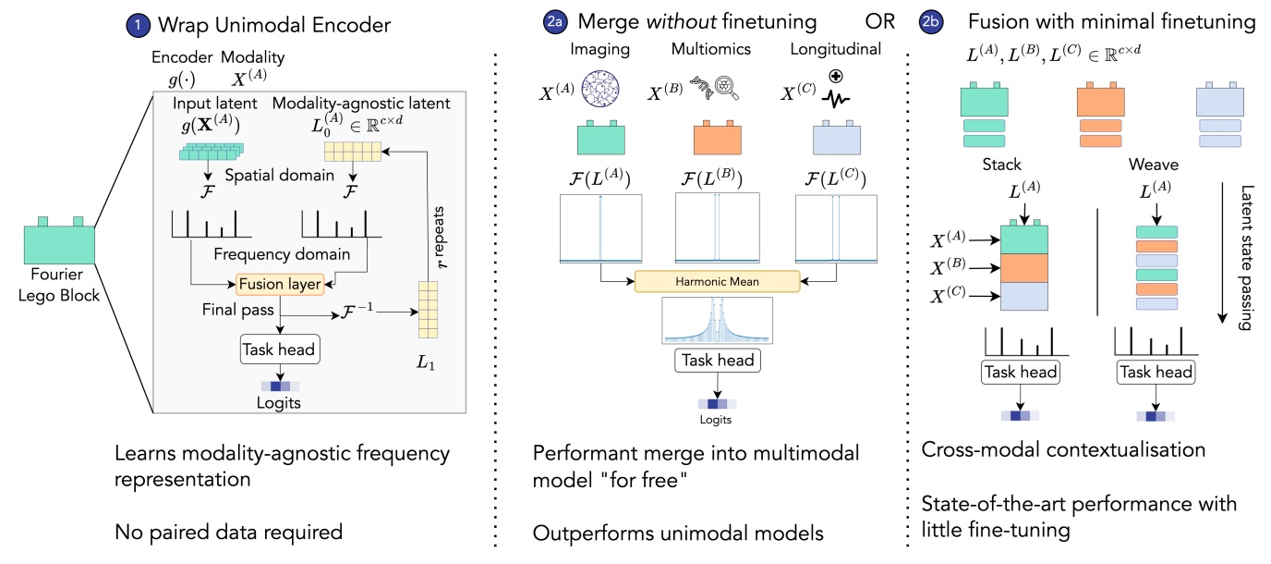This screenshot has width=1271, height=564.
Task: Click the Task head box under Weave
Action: [1155, 372]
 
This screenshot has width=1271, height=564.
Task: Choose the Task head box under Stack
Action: [1021, 372]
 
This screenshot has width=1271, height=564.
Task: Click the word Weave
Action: [1153, 164]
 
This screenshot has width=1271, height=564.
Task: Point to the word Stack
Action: [1002, 164]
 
